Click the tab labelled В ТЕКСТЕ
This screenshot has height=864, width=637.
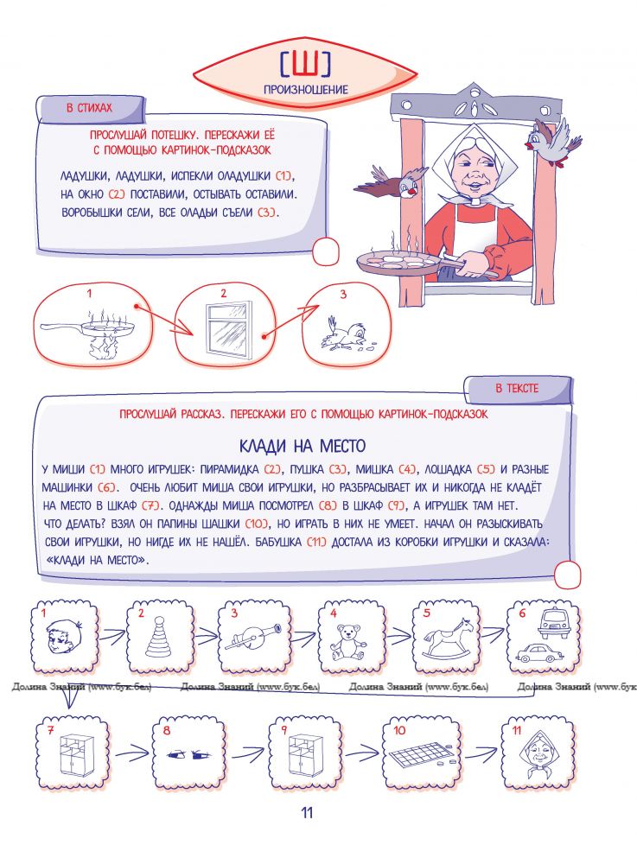517,389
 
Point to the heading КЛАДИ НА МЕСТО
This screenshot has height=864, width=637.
302,446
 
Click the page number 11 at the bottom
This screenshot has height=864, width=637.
306,813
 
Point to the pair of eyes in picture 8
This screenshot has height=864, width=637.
189,753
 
